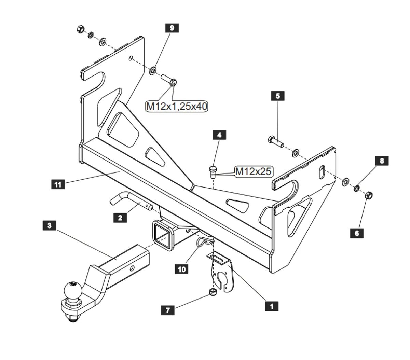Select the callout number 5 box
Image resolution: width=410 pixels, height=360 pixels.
(x=277, y=96)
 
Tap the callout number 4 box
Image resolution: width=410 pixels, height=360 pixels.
(x=219, y=135)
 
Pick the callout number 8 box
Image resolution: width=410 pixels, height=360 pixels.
(x=382, y=161)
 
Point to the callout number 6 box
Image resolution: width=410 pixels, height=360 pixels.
(x=357, y=233)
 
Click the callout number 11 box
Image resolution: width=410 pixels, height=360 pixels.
(x=58, y=184)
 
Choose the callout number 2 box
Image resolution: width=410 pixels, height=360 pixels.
(x=120, y=217)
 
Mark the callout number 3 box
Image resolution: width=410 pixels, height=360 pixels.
(x=50, y=225)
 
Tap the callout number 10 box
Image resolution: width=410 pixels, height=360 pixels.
(x=182, y=269)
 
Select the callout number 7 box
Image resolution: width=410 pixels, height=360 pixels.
(x=167, y=310)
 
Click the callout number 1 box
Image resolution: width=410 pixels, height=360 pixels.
(x=272, y=306)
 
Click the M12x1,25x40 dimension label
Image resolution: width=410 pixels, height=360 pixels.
(x=177, y=106)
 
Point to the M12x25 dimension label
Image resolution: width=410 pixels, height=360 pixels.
(x=253, y=171)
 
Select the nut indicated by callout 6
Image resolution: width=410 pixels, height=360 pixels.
(x=369, y=195)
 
